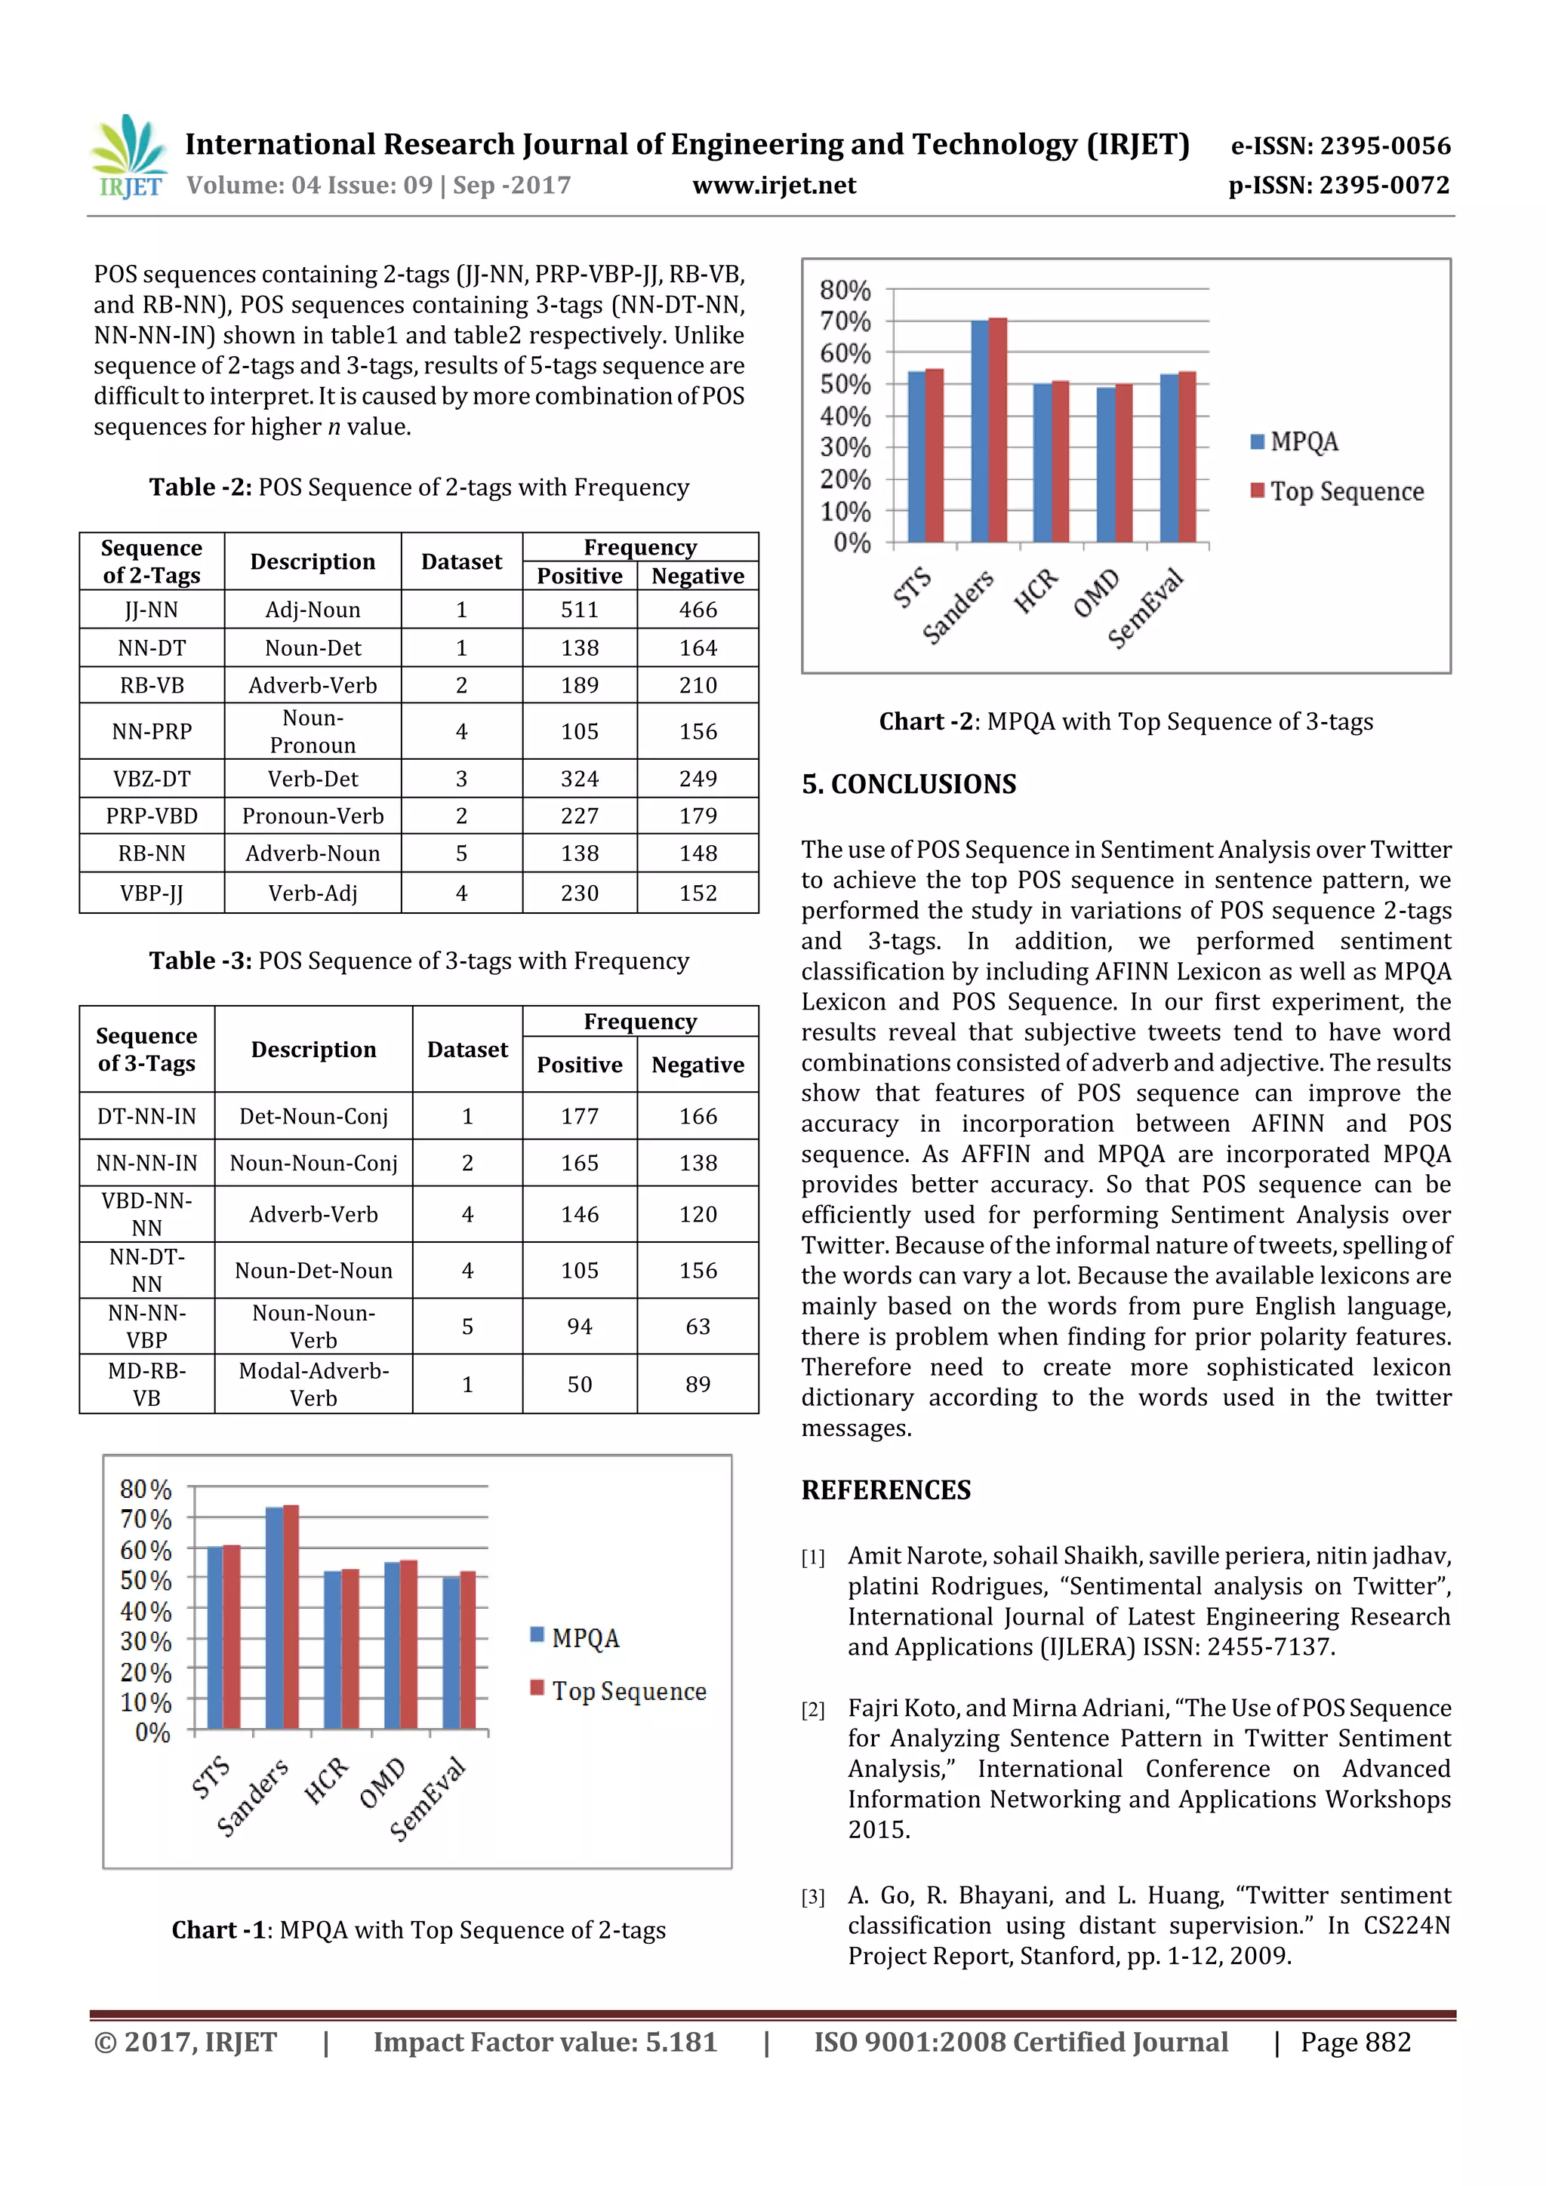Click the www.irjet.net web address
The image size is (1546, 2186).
click(774, 186)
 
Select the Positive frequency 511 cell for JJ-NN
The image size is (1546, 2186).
click(579, 610)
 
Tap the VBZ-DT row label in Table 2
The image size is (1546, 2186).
click(152, 779)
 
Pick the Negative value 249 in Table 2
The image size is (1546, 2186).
click(698, 779)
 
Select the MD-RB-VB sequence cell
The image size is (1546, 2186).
click(146, 1385)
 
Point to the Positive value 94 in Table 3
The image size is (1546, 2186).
click(579, 1327)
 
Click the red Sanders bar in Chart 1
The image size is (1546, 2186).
click(291, 1616)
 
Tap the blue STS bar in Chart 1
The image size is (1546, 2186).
click(215, 1637)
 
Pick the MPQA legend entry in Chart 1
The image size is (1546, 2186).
click(575, 1637)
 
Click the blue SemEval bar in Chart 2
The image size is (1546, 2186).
click(1169, 458)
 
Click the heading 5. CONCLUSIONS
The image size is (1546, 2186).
click(909, 785)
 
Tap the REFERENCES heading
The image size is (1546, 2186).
click(886, 1490)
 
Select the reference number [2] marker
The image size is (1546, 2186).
click(812, 1710)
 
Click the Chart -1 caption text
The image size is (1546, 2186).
click(418, 1930)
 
